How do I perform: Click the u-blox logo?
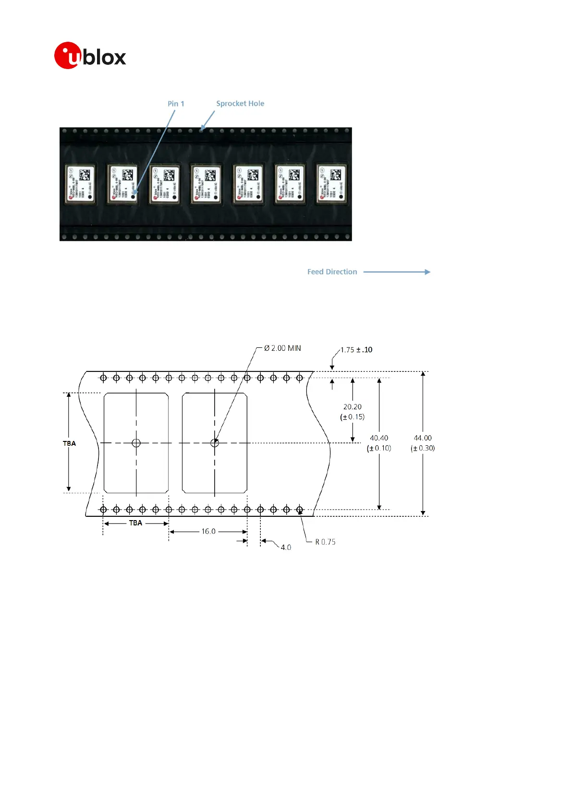pyautogui.click(x=90, y=56)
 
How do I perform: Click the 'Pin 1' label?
pyautogui.click(x=176, y=104)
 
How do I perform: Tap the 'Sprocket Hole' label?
pyautogui.click(x=240, y=104)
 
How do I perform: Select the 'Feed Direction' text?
pyautogui.click(x=332, y=272)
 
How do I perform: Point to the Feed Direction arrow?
pyautogui.click(x=397, y=272)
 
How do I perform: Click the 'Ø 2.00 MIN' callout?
pyautogui.click(x=283, y=348)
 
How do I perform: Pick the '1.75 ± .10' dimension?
pyautogui.click(x=356, y=350)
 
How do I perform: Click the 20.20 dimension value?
pyautogui.click(x=353, y=407)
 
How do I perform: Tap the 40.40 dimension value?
pyautogui.click(x=379, y=438)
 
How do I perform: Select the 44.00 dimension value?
pyautogui.click(x=423, y=438)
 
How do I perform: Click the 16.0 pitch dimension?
pyautogui.click(x=208, y=532)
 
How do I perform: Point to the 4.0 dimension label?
pyautogui.click(x=286, y=547)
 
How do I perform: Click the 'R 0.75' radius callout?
pyautogui.click(x=325, y=542)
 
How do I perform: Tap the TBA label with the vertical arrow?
pyautogui.click(x=69, y=443)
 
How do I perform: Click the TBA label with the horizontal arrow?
pyautogui.click(x=135, y=523)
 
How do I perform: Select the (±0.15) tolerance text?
pyautogui.click(x=353, y=417)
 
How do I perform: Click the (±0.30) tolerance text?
pyautogui.click(x=423, y=448)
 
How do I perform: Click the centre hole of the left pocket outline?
pyautogui.click(x=136, y=443)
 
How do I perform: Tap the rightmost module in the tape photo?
pyautogui.click(x=331, y=184)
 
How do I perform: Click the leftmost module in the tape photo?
pyautogui.click(x=80, y=184)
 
